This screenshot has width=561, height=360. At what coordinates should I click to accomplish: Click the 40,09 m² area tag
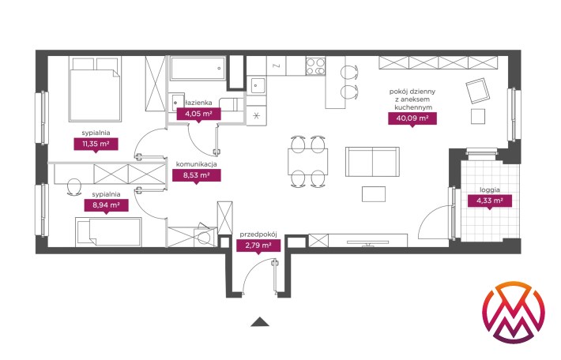click(x=412, y=118)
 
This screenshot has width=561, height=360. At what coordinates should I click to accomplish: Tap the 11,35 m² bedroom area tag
click(x=96, y=144)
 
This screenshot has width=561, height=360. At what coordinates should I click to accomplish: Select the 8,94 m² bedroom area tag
click(x=106, y=205)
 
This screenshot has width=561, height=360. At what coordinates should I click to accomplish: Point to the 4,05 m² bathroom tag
click(x=198, y=114)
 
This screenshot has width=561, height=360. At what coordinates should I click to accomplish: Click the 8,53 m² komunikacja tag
click(x=197, y=175)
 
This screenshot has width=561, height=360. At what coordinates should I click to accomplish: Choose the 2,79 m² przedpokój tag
click(x=258, y=246)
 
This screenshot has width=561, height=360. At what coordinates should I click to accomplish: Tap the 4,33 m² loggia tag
click(x=489, y=201)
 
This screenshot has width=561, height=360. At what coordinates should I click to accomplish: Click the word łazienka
click(x=199, y=103)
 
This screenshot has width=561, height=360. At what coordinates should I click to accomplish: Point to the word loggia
click(x=490, y=189)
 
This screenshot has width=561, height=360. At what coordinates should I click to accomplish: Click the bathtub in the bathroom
click(x=198, y=68)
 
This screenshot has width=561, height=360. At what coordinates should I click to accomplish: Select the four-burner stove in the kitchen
click(x=315, y=66)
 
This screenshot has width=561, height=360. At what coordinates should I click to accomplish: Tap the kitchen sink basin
click(x=257, y=85)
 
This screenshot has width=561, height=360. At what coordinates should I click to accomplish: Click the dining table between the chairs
click(x=307, y=162)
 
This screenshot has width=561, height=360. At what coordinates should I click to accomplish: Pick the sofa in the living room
click(x=372, y=162)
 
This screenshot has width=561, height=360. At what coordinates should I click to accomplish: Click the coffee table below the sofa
click(x=374, y=194)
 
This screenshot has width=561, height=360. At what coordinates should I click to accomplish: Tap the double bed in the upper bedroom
click(x=95, y=89)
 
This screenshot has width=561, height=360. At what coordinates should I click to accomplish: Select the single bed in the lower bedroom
click(x=108, y=232)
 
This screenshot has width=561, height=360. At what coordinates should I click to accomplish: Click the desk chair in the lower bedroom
click(x=73, y=186)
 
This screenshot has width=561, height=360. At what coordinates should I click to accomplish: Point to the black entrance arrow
click(x=260, y=322)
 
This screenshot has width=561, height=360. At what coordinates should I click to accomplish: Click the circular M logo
click(x=513, y=313)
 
